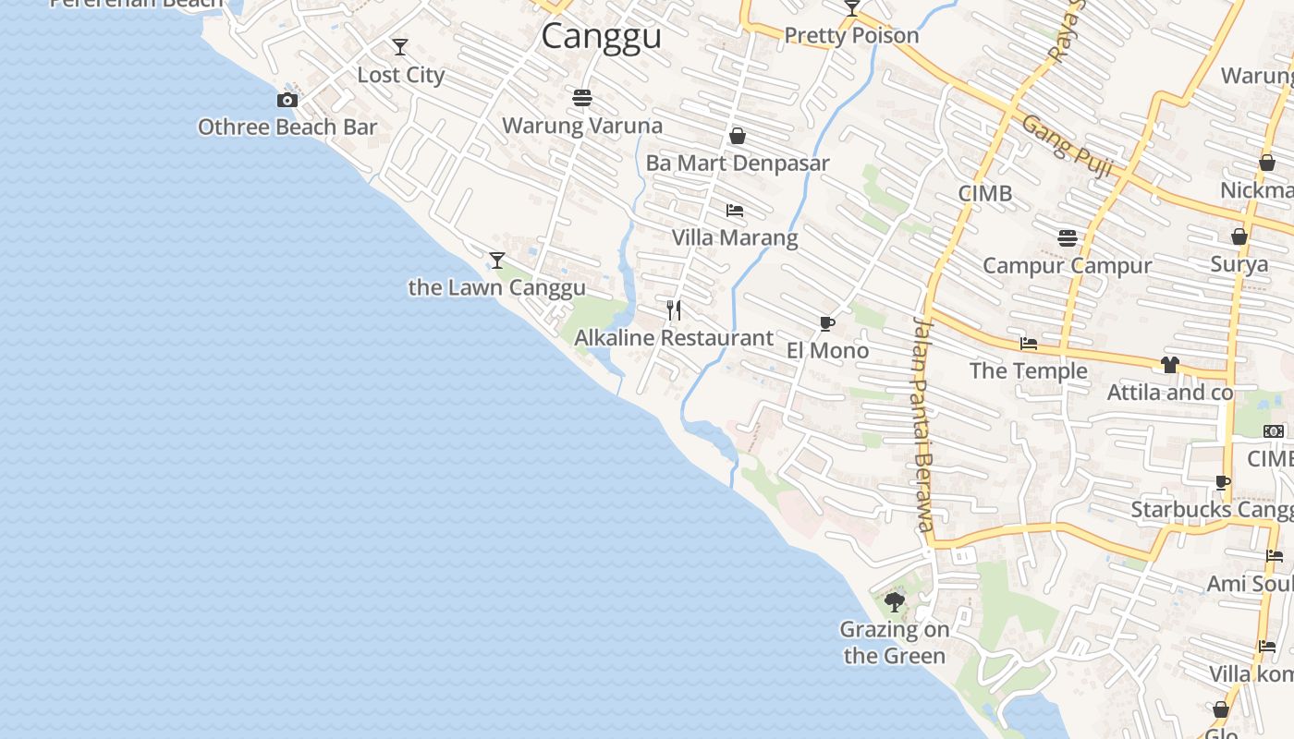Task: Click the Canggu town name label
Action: point(601,37)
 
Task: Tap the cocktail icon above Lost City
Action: point(400,47)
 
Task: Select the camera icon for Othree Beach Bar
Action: point(287,100)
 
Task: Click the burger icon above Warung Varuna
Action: point(582,97)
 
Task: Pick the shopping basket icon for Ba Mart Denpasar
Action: point(738,137)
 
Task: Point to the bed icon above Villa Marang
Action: point(735,211)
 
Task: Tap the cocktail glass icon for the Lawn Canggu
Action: point(497,260)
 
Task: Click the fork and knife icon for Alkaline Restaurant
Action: point(674,310)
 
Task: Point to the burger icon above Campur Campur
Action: point(1068,238)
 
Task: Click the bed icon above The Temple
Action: point(1029,344)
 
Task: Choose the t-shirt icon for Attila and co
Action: point(1170,365)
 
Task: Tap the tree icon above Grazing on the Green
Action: point(894,602)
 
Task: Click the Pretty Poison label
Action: point(851,36)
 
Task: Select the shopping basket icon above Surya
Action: point(1239,236)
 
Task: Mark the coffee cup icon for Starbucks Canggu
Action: point(1223,482)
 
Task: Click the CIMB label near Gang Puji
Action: point(985,193)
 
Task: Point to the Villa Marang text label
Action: point(735,237)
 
